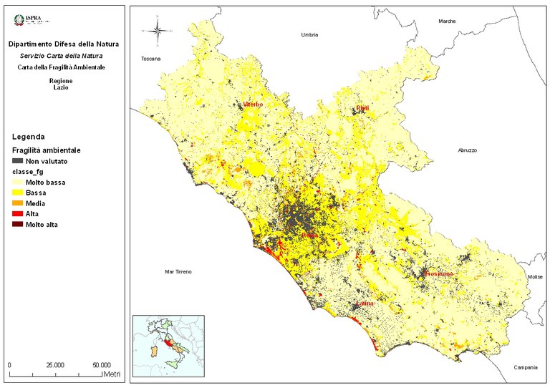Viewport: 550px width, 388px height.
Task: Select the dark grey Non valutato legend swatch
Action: click(x=17, y=162)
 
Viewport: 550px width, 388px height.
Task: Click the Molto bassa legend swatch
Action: click(x=17, y=183)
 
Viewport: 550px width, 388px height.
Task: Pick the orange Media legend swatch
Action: click(x=17, y=203)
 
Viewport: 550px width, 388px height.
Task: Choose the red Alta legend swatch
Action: click(x=17, y=214)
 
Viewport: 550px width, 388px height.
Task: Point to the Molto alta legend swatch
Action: click(x=17, y=225)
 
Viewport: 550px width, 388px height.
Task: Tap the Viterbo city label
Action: click(x=253, y=105)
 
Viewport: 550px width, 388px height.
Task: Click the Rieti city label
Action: click(x=362, y=108)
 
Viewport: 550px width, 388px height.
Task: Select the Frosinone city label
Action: click(x=438, y=274)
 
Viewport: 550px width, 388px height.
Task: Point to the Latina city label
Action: click(x=366, y=306)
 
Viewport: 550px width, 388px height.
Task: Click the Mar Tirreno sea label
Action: click(x=178, y=272)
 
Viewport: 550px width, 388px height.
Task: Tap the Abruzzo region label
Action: click(x=467, y=150)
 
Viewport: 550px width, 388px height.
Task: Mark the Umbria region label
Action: click(x=309, y=34)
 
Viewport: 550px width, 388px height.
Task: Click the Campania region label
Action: click(x=525, y=367)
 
